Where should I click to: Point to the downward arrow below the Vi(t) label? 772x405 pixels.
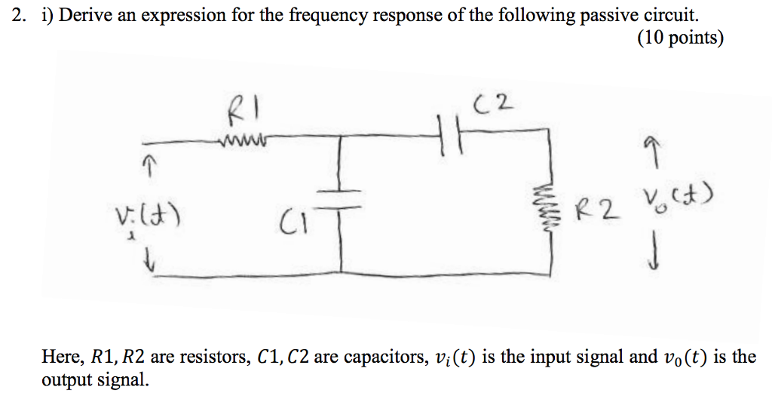pyautogui.click(x=151, y=262)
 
